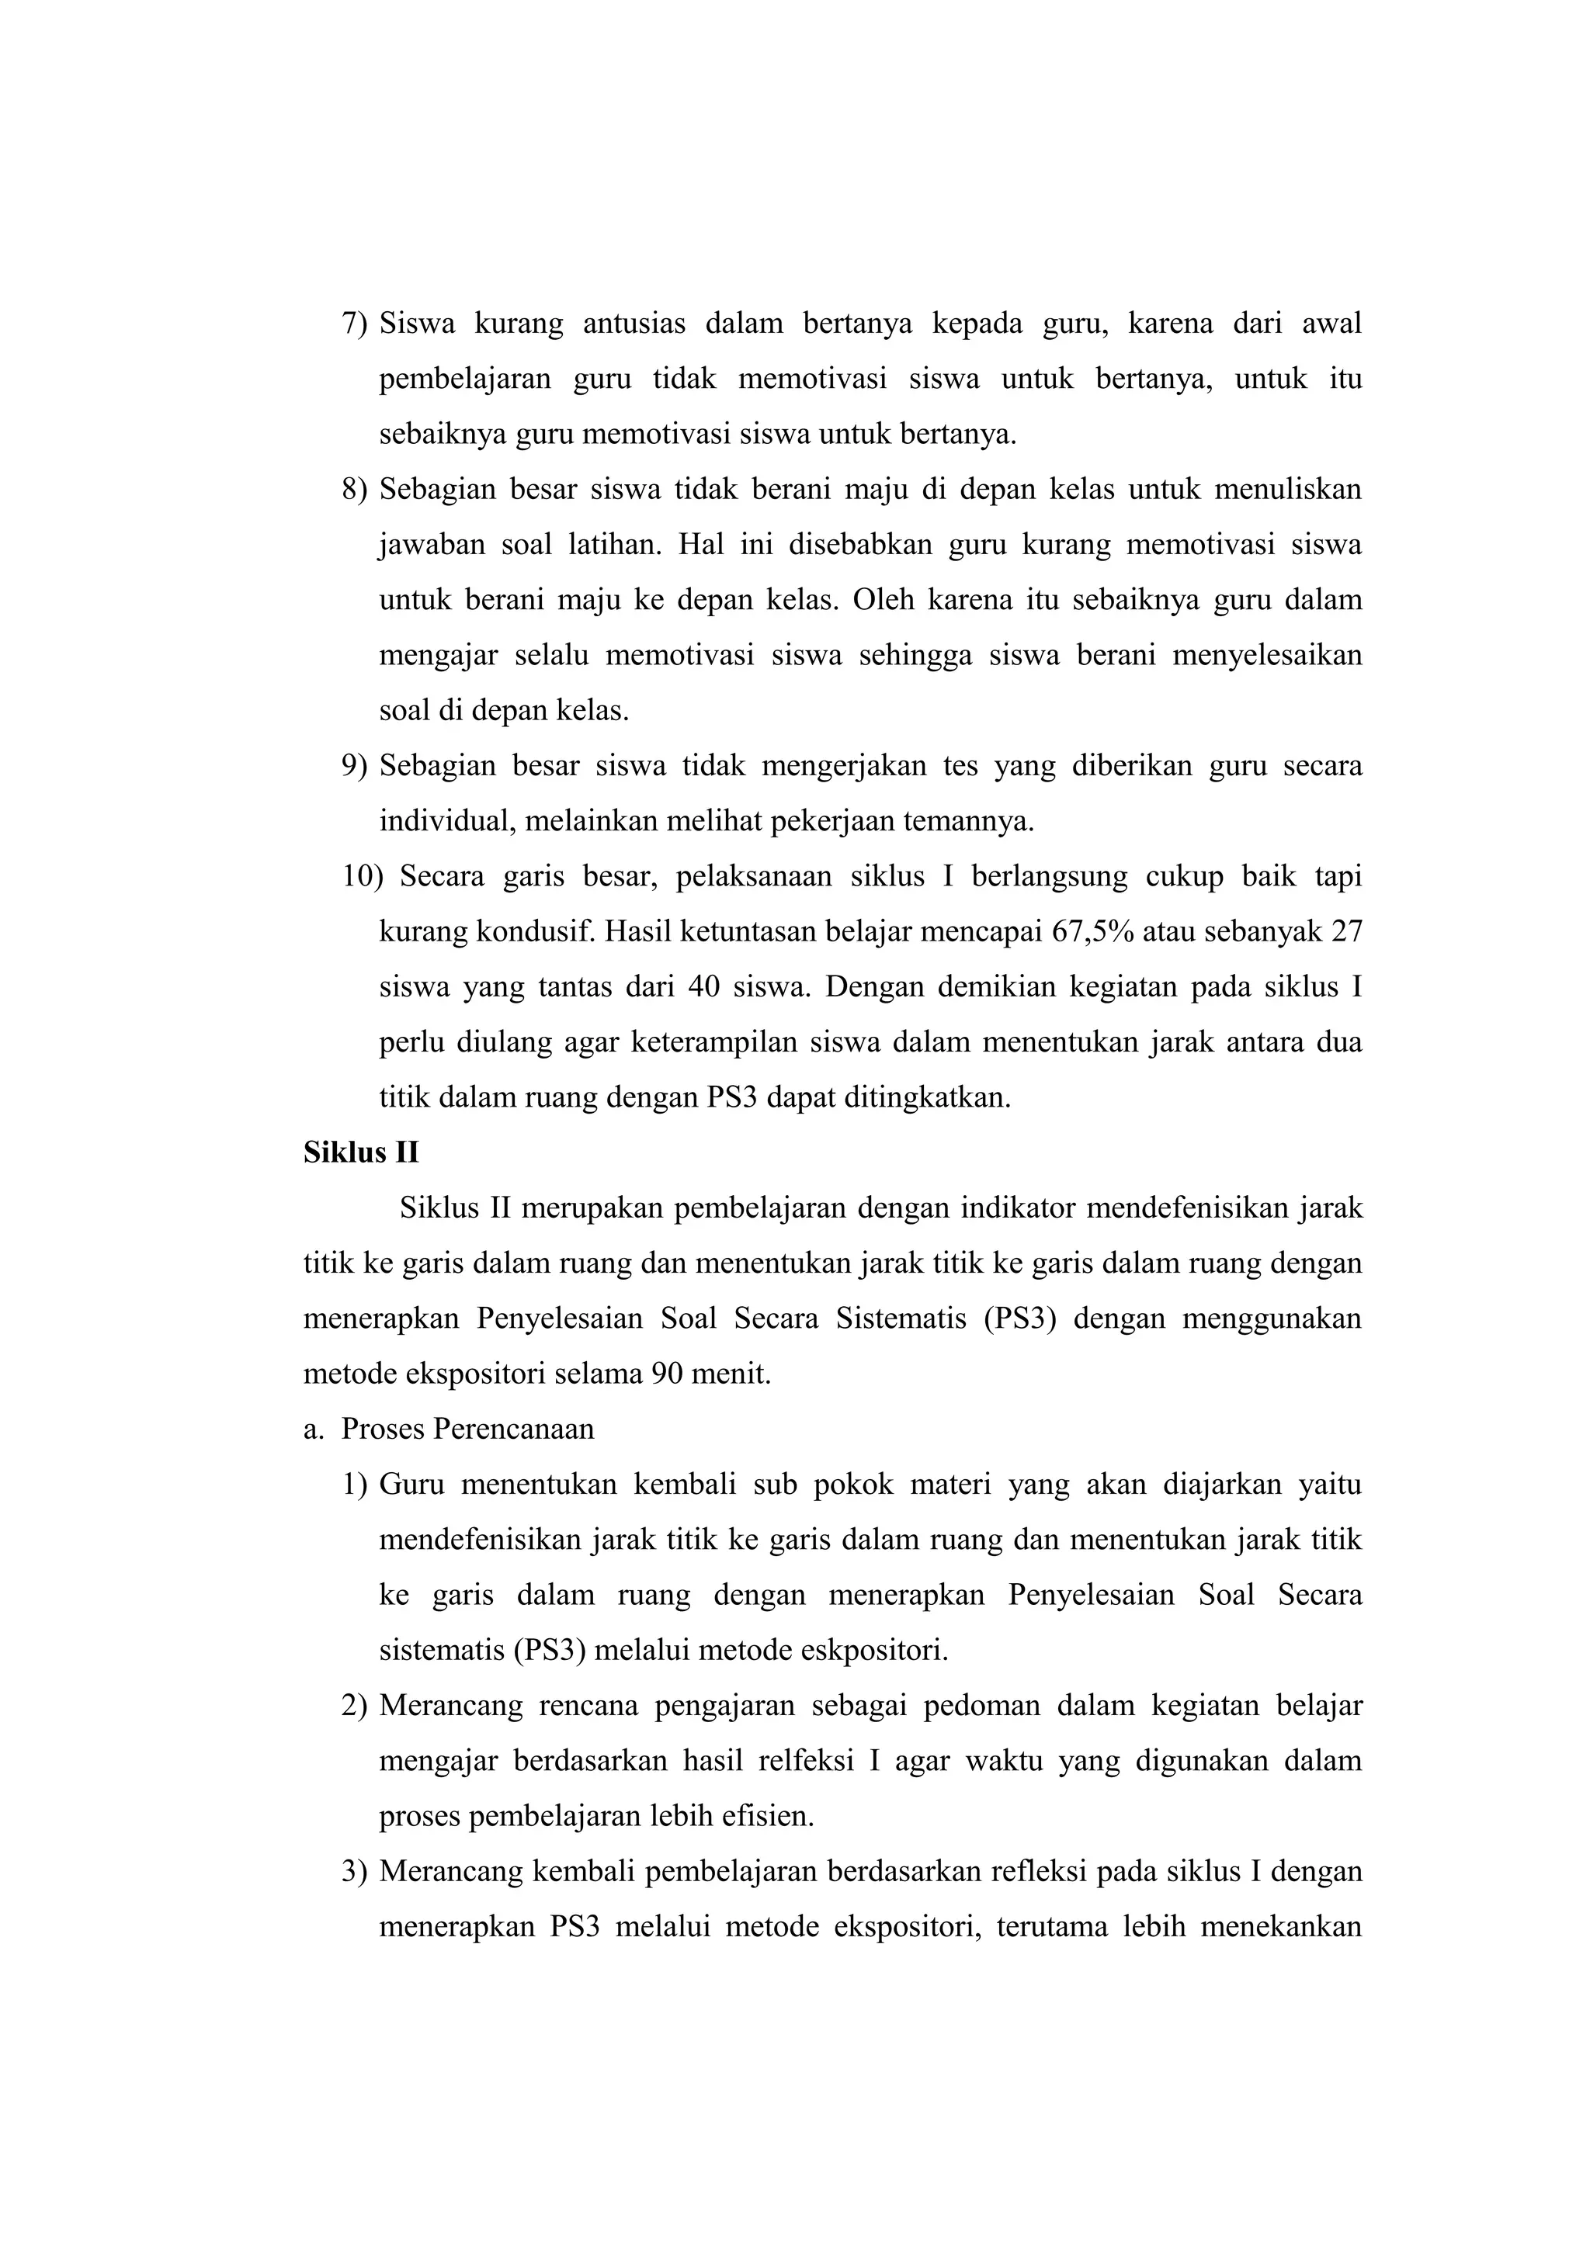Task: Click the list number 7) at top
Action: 354,324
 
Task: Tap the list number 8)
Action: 354,489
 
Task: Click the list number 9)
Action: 354,765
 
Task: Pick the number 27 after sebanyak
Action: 1346,931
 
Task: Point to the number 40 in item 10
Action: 703,986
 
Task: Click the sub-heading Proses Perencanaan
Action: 467,1429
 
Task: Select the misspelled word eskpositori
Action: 874,1651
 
